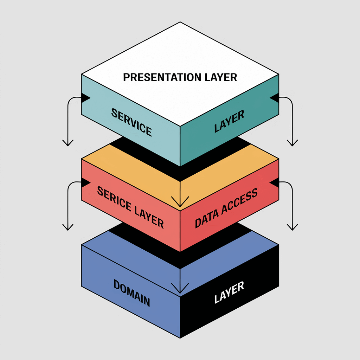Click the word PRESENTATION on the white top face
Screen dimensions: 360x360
pos(162,77)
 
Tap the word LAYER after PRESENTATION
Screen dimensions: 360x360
pos(221,77)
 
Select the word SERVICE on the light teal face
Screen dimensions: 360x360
pos(131,122)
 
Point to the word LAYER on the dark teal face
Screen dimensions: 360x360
pos(229,121)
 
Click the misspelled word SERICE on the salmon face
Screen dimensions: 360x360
pos(114,199)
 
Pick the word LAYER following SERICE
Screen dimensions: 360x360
pos(149,217)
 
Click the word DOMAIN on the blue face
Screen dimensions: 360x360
pos(131,293)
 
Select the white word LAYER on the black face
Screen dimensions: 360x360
pos(229,292)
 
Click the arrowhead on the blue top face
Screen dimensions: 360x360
pos(180,288)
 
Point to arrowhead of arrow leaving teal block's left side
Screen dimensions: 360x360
pos(68,143)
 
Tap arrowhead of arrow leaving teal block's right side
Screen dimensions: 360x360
pos(292,143)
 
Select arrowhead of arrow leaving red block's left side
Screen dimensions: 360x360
pos(68,227)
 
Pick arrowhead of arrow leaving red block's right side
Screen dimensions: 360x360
pos(292,227)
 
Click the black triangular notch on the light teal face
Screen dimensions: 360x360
pos(85,98)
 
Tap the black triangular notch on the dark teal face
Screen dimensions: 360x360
pos(275,98)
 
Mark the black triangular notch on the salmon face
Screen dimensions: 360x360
pos(85,182)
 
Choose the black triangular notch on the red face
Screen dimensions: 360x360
pos(275,182)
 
